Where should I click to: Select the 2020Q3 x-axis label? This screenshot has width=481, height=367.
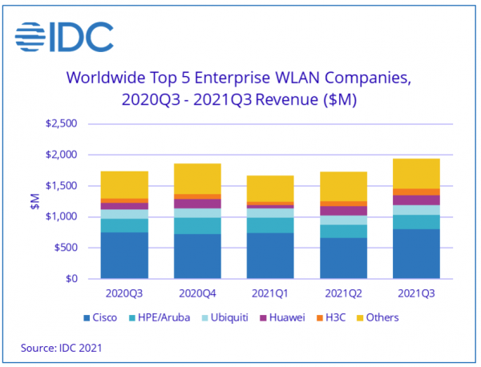click(x=123, y=294)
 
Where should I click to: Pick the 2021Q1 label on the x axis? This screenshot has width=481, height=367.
click(x=270, y=294)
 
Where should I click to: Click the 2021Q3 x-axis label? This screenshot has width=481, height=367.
click(x=415, y=294)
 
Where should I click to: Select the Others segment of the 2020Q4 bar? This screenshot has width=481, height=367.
click(x=197, y=179)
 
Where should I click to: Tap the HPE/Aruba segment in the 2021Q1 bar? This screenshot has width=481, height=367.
click(x=270, y=225)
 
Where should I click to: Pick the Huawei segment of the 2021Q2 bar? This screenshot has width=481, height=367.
click(x=343, y=211)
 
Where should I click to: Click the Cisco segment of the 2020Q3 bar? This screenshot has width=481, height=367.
click(x=123, y=256)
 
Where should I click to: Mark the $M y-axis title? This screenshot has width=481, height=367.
click(x=34, y=203)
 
